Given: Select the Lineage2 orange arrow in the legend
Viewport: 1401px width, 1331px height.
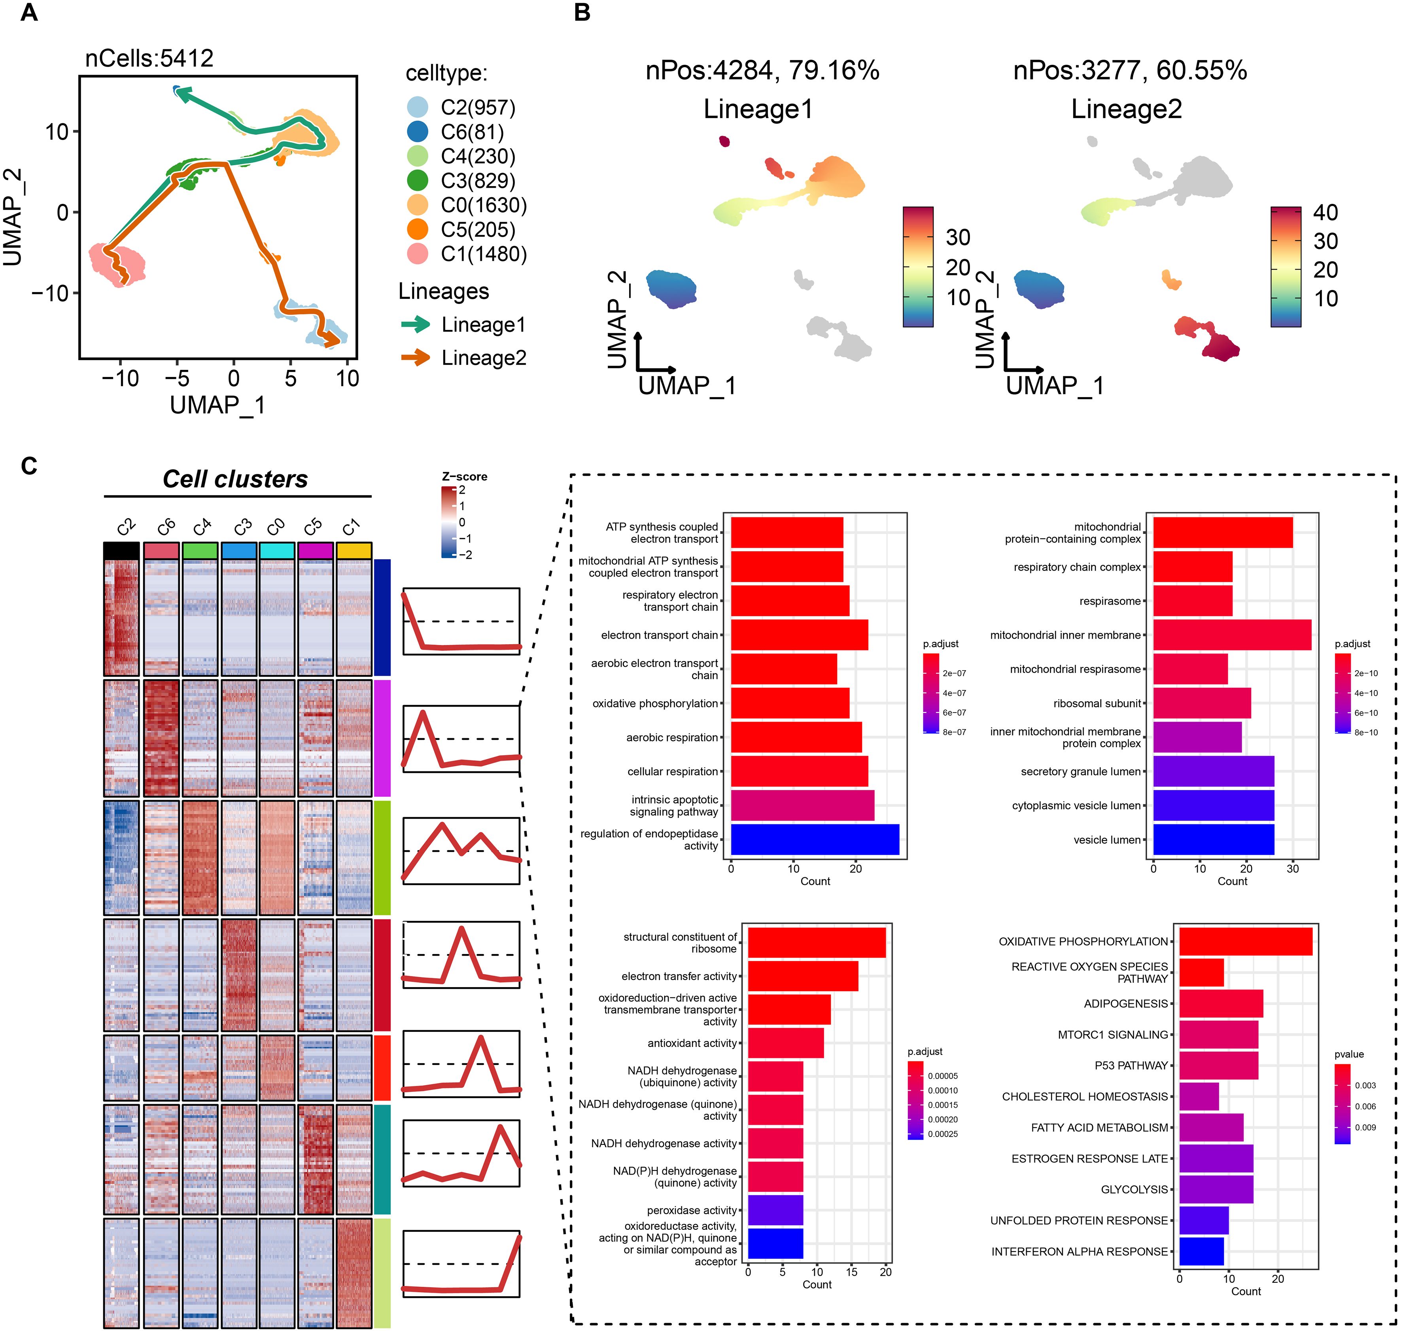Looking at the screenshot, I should pyautogui.click(x=415, y=358).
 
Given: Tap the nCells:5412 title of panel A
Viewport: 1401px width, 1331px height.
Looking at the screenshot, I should pyautogui.click(x=149, y=58).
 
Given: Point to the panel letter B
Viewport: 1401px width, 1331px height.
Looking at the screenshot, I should pyautogui.click(x=582, y=13).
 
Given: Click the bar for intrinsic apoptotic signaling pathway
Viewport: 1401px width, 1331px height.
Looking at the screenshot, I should pyautogui.click(x=802, y=805).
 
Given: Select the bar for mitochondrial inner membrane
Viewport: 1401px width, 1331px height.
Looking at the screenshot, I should pyautogui.click(x=1231, y=635).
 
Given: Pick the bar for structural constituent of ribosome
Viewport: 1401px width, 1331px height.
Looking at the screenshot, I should pyautogui.click(x=816, y=942).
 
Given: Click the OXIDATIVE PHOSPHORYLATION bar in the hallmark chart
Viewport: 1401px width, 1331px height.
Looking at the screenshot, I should pyautogui.click(x=1246, y=941).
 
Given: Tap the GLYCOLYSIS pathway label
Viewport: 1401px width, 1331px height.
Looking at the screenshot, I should pyautogui.click(x=1134, y=1189).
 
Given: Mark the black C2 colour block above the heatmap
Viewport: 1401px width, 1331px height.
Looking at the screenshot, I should pyautogui.click(x=121, y=550).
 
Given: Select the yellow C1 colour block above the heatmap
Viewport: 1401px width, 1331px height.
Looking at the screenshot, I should pyautogui.click(x=354, y=550).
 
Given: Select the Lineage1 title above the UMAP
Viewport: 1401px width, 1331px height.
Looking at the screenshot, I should pyautogui.click(x=758, y=109).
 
